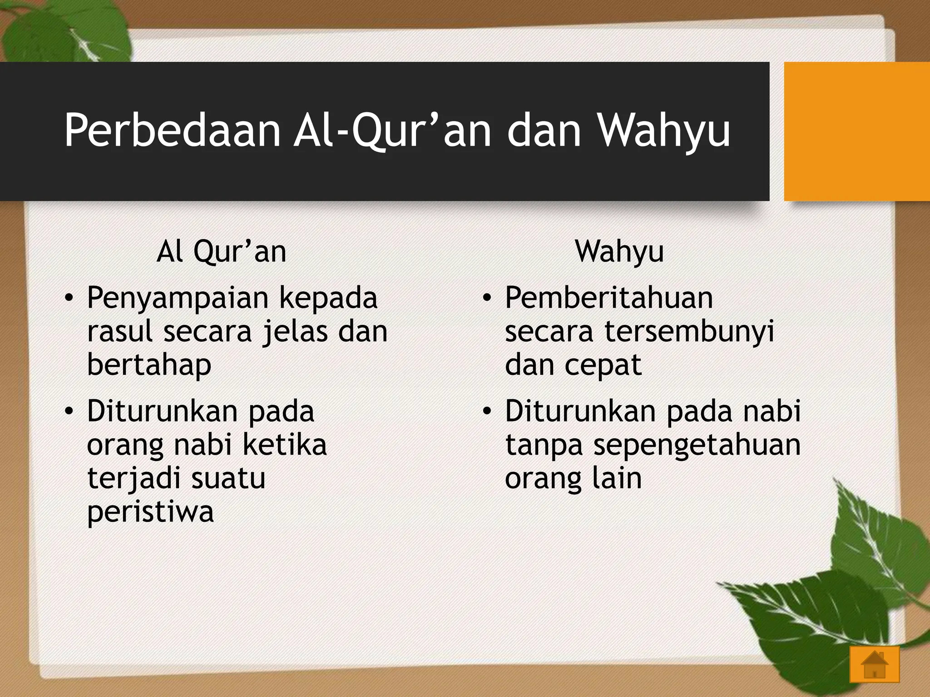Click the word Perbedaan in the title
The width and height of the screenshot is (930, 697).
pos(173,131)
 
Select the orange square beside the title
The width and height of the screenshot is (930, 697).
pos(856,132)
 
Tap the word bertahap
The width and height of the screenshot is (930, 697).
pos(149,366)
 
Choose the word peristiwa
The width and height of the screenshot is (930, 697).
pos(150,513)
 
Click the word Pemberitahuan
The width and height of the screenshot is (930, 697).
pos(608,299)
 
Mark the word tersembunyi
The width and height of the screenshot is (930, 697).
pos(689,332)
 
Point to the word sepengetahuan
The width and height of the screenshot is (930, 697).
pos(697,446)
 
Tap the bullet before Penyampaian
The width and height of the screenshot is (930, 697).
pos(69,299)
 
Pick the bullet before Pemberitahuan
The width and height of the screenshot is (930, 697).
pos(487,299)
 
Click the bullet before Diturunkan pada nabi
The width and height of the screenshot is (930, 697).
pos(487,412)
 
